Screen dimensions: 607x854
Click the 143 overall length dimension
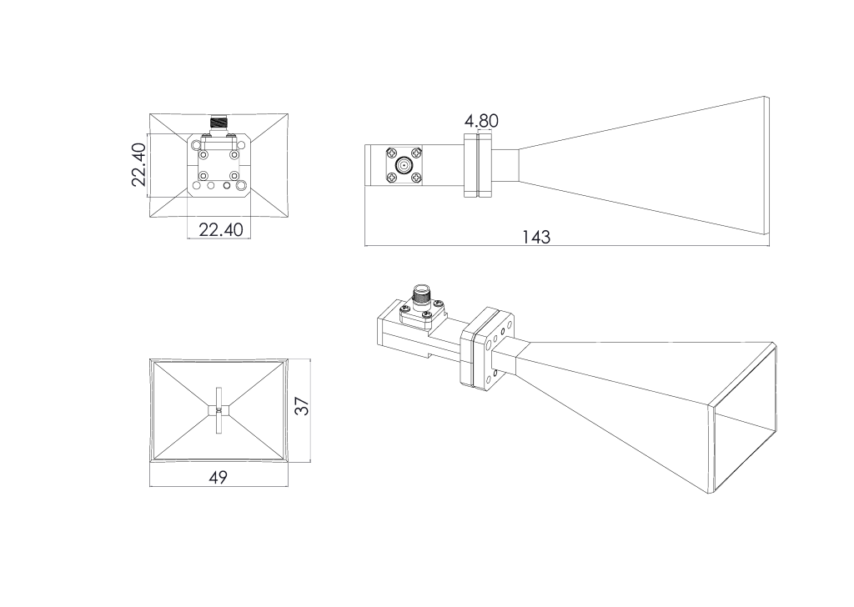point(536,237)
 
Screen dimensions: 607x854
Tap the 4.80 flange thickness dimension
point(481,121)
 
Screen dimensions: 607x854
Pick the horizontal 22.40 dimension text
point(220,229)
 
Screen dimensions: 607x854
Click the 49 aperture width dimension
point(218,477)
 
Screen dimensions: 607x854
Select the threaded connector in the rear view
point(219,123)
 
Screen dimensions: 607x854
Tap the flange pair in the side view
point(480,165)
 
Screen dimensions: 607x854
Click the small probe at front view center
point(219,409)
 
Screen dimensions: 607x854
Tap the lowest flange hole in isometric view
point(496,374)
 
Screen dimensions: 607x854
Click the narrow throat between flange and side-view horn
point(508,165)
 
